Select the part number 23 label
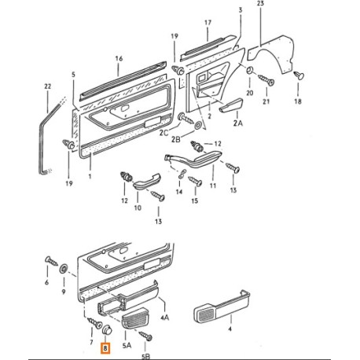tap(260, 6)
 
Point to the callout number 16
tap(119, 58)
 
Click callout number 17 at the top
tap(207, 24)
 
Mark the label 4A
tap(164, 319)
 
